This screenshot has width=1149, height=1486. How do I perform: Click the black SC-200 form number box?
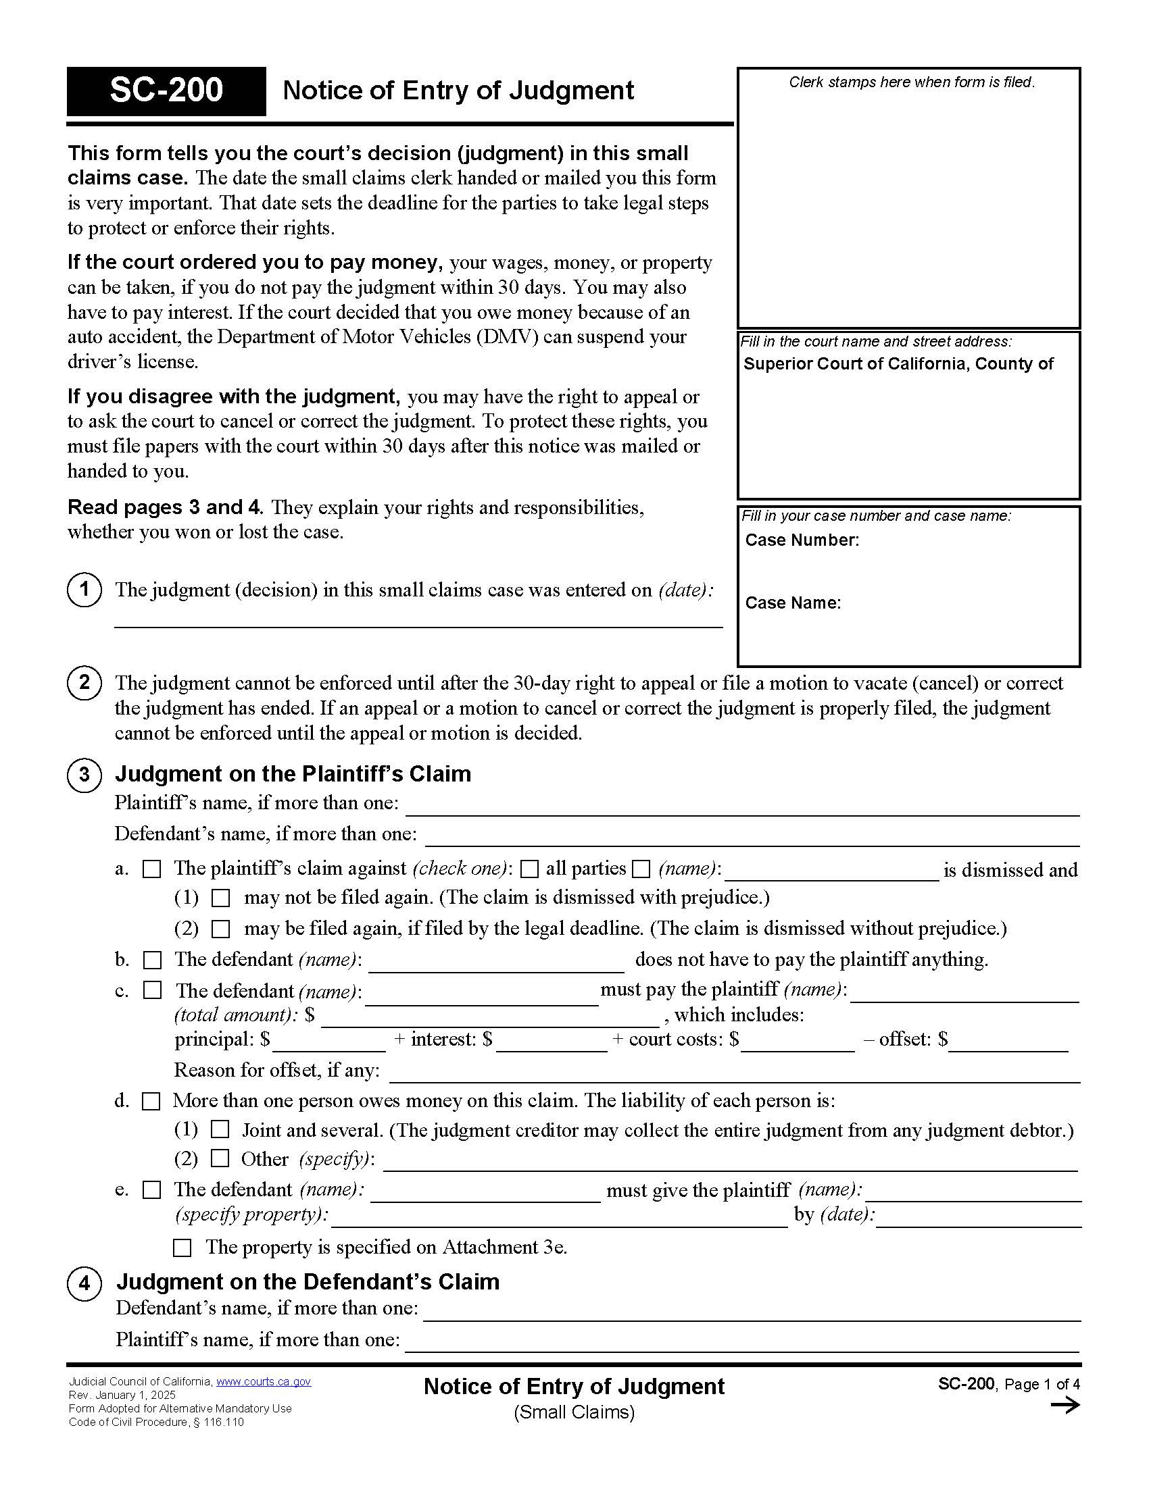(166, 91)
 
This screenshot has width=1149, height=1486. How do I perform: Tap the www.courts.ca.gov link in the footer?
(263, 1382)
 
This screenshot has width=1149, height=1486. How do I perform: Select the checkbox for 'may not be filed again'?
(220, 898)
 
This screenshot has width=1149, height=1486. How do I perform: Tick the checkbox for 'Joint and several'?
(219, 1129)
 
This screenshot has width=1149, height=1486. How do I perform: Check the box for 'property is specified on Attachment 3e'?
(182, 1248)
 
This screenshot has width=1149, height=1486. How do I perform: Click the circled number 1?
(84, 589)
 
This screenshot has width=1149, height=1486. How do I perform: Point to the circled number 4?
(84, 1283)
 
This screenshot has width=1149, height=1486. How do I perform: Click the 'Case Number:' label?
(802, 540)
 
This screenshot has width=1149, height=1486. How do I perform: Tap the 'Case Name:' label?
(793, 603)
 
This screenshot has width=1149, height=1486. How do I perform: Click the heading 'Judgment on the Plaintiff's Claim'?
(293, 773)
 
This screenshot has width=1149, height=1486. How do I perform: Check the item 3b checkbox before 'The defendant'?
(152, 960)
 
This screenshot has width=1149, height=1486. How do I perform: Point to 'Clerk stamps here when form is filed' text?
(912, 82)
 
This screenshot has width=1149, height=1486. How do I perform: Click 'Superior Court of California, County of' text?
(898, 364)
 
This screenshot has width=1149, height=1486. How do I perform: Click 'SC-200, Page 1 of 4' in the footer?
(1009, 1384)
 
